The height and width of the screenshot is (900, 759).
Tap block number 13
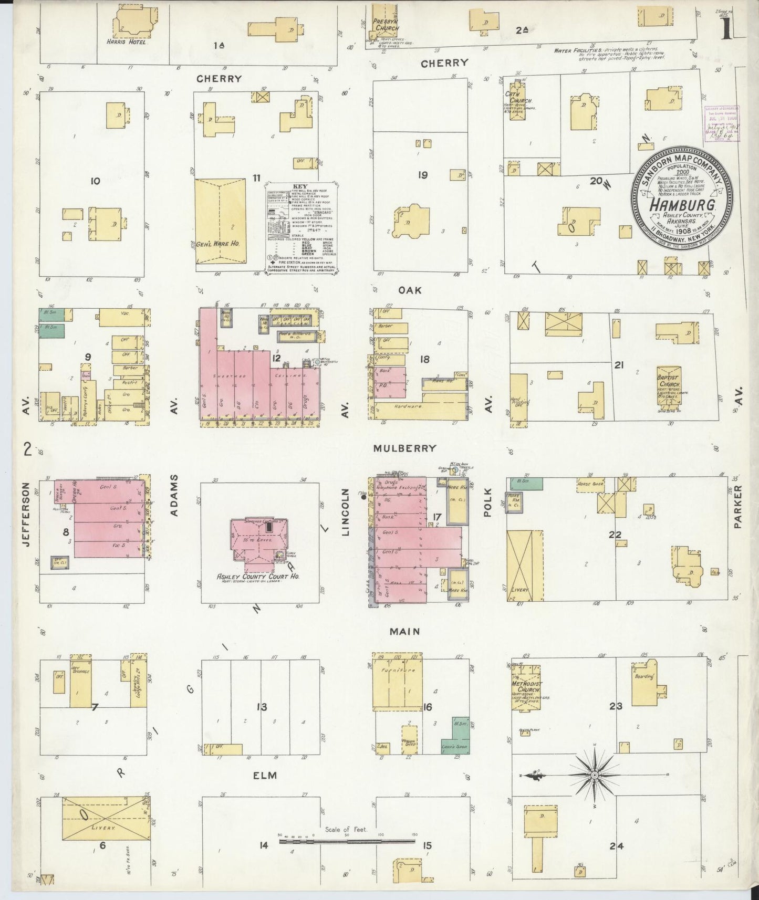pos(262,707)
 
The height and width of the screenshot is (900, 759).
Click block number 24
pos(616,846)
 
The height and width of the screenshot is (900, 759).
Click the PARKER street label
pos(738,507)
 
